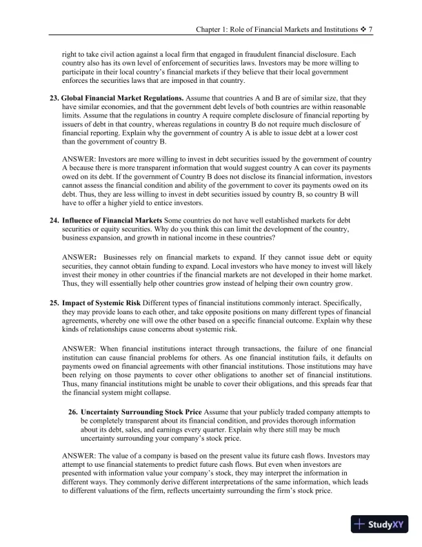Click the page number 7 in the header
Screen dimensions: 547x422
point(371,30)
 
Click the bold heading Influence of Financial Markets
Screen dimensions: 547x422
point(111,220)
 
